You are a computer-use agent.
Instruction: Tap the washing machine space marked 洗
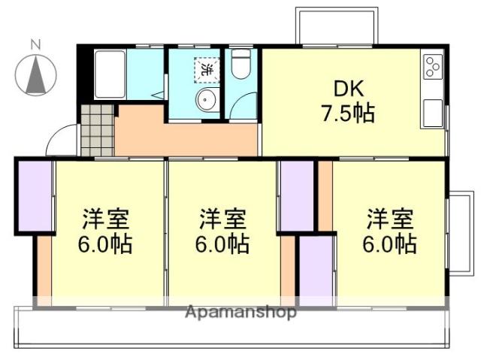tap(206, 69)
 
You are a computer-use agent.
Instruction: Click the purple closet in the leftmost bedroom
tap(34, 195)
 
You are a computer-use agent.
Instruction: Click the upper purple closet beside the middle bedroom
tap(297, 195)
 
